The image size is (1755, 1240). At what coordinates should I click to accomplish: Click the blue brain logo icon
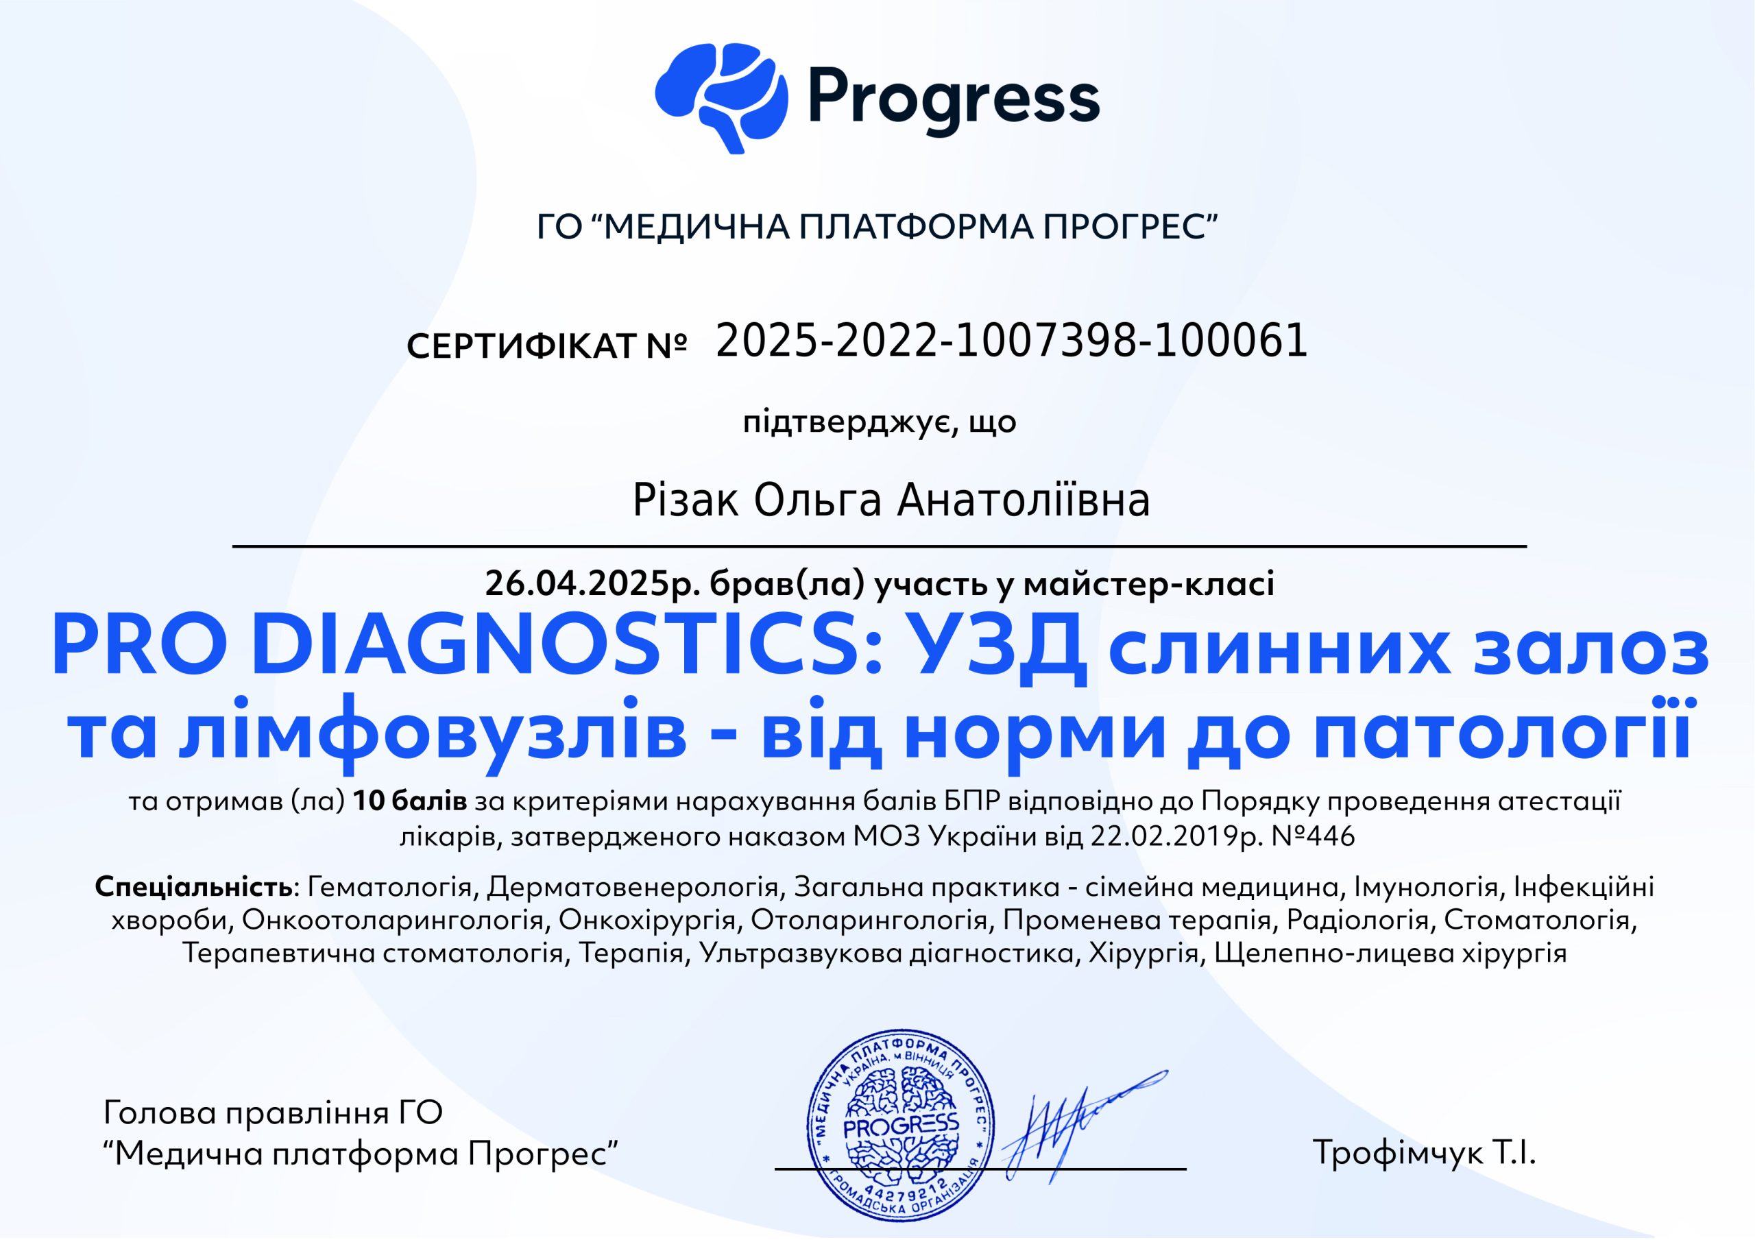(721, 97)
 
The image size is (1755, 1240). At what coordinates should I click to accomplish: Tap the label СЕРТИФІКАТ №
(547, 346)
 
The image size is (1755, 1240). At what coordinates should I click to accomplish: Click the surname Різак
(685, 501)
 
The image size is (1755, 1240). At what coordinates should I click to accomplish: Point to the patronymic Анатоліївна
(1024, 501)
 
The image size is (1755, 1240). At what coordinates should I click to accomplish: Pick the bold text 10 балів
(411, 802)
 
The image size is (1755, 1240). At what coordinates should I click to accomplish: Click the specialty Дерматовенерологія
(631, 888)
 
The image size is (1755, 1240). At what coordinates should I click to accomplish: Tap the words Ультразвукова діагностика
(886, 953)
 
